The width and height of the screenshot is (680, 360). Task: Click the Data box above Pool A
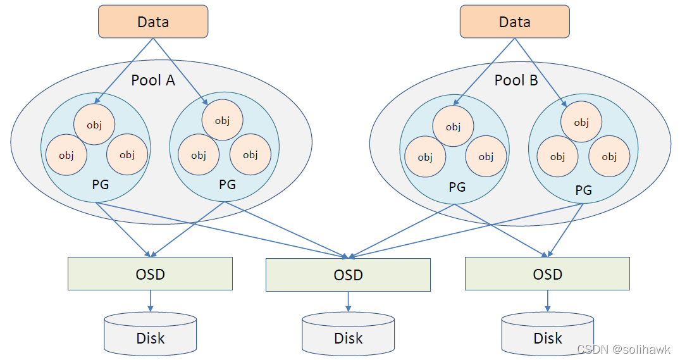click(153, 22)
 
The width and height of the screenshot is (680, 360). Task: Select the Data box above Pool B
click(514, 22)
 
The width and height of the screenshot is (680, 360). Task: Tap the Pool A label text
click(153, 80)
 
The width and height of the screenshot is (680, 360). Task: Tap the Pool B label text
click(516, 80)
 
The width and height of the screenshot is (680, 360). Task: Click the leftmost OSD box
click(150, 274)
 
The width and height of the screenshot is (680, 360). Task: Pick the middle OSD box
click(348, 275)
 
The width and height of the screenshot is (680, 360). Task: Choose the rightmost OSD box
click(547, 274)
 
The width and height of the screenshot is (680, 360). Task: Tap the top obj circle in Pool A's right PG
click(222, 120)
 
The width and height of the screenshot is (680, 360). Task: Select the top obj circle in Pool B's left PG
click(453, 127)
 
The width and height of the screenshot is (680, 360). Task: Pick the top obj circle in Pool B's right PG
click(581, 123)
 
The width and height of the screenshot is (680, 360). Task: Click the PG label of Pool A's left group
click(100, 185)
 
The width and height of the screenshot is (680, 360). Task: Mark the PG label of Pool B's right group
click(583, 190)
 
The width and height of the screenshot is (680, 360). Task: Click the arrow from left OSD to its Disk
click(150, 301)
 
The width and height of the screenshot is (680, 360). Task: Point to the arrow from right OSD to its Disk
click(547, 301)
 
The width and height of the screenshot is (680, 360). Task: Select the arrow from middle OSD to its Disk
click(348, 302)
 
